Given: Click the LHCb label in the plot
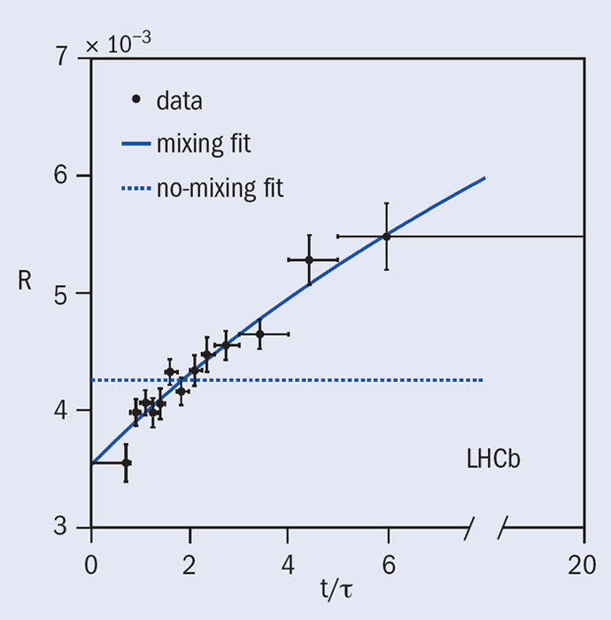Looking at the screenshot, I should (493, 460).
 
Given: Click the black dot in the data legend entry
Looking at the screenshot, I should (135, 100).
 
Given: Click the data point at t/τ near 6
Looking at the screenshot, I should (386, 236).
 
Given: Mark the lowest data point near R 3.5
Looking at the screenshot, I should (126, 462).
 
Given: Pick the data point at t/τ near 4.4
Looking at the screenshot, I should (309, 260).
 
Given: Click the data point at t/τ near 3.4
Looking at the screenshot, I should (259, 334).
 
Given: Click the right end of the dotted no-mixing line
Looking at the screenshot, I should (483, 380).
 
